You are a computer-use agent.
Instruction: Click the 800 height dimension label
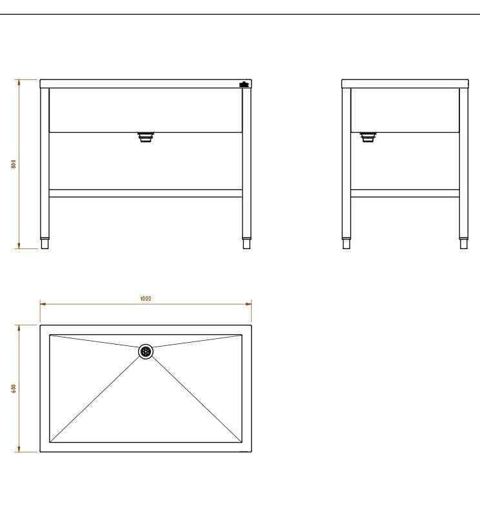13,164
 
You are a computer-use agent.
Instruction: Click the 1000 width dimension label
146,298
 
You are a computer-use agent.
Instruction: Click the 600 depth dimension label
13,389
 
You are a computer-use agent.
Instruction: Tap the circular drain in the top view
146,352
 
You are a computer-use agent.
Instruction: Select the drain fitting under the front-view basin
146,137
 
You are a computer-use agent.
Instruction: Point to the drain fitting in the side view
368,137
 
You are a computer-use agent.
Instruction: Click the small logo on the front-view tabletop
244,85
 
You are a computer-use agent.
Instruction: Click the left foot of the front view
45,243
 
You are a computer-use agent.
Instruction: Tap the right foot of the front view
246,243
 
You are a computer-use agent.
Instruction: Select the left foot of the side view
346,243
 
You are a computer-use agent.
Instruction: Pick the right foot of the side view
463,243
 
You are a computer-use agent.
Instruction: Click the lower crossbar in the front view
146,194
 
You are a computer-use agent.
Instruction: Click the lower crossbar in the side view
405,194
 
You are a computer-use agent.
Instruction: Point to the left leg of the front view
45,163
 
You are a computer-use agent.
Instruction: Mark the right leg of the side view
463,163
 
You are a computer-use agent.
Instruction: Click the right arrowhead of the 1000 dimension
248,303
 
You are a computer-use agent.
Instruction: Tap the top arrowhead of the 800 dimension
19,83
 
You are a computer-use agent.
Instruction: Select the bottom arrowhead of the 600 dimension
19,449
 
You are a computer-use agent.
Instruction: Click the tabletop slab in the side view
405,84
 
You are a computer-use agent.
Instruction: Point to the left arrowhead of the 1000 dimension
43,303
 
